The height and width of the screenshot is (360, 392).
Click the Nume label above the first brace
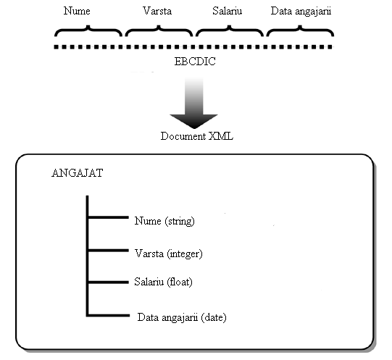pos(77,11)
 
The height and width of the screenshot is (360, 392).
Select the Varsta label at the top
pos(157,11)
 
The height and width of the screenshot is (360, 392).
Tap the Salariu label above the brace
pos(228,11)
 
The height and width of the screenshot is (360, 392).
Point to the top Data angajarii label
pos(301,12)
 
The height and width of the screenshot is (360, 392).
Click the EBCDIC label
pos(195,62)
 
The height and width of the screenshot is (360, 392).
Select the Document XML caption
pos(197,136)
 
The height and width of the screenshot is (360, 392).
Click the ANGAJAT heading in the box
pos(78,173)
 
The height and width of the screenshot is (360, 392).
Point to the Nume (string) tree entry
pos(164,221)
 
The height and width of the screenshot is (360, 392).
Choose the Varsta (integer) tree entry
pos(169,254)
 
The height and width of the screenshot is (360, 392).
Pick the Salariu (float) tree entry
pos(163,282)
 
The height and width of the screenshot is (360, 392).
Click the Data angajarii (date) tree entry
pos(182,317)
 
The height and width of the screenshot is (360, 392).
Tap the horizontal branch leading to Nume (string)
pos(108,217)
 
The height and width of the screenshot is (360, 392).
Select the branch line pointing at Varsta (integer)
pos(108,250)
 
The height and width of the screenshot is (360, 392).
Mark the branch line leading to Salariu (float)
pos(108,282)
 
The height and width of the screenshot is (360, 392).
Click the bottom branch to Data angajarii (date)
pos(108,315)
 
